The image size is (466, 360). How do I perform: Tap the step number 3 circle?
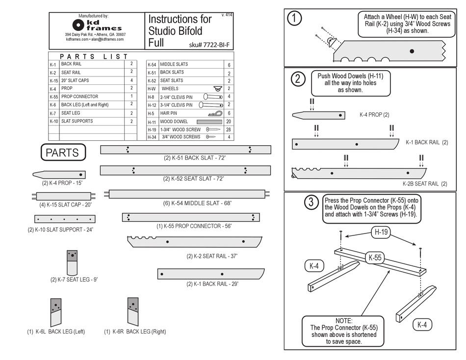point(310,202)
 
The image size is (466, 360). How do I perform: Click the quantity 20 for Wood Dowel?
point(229,121)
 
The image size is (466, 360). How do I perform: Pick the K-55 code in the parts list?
point(54,97)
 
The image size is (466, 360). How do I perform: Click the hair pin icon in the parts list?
point(215,113)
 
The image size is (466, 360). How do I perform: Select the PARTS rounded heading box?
point(62,153)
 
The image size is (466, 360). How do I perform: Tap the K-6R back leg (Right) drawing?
point(132,311)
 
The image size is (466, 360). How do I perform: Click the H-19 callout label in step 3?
point(382,231)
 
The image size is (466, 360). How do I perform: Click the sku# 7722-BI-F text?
point(208,45)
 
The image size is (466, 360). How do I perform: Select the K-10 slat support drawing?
point(65,219)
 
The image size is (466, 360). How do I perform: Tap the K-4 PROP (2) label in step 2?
point(374,115)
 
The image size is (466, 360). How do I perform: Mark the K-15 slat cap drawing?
point(64,196)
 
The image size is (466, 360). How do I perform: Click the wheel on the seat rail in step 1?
point(332,44)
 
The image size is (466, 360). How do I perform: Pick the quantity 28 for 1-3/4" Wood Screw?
point(229,129)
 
